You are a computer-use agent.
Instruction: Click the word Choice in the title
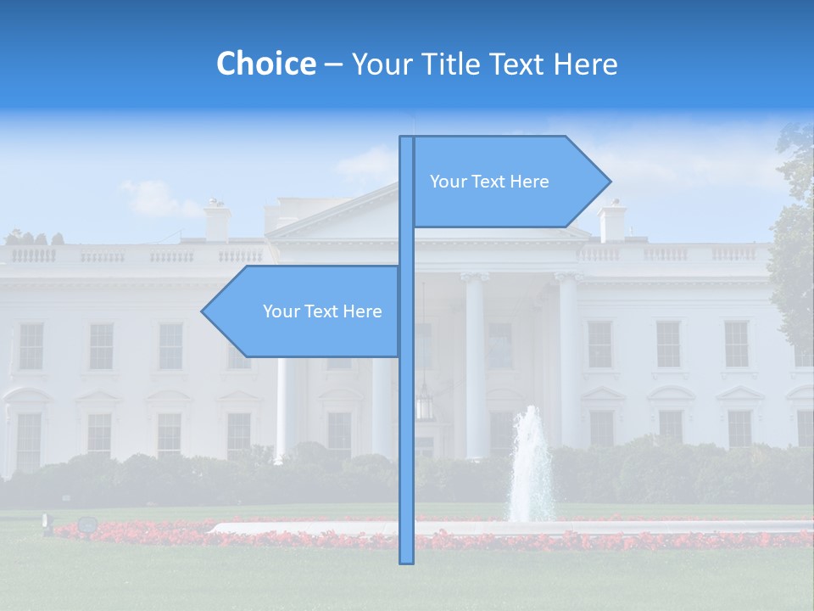pyautogui.click(x=265, y=64)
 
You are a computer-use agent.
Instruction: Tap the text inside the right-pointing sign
pyautogui.click(x=489, y=182)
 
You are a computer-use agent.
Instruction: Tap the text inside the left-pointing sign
pyautogui.click(x=322, y=311)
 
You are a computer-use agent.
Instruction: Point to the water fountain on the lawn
pyautogui.click(x=531, y=467)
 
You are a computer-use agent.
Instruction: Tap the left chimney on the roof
pyautogui.click(x=217, y=220)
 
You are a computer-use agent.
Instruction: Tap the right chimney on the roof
pyautogui.click(x=611, y=221)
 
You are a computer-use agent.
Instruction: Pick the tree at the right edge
pyautogui.click(x=795, y=246)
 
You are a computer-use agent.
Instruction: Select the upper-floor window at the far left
pyautogui.click(x=31, y=345)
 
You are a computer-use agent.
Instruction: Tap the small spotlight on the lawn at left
pyautogui.click(x=86, y=524)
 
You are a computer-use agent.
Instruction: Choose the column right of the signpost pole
pyautogui.click(x=475, y=365)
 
